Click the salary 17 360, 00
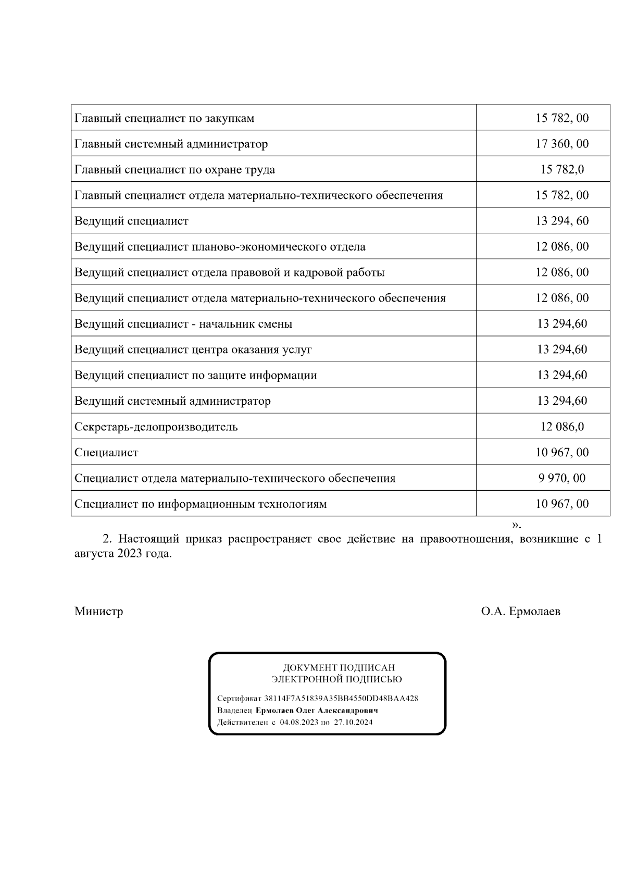coord(562,144)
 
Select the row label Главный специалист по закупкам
coord(165,118)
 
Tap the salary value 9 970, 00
coord(562,478)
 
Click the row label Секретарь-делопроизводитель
coord(156,427)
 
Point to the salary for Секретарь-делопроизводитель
coord(562,427)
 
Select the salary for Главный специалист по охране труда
coord(562,169)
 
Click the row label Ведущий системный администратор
coord(172,401)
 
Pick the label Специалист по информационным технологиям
coord(201,504)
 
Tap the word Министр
coord(99,611)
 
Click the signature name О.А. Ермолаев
coord(521,611)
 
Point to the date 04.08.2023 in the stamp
coord(298,723)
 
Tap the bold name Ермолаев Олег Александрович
coord(317,711)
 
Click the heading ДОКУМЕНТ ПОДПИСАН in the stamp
coord(339,667)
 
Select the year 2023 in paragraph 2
coord(130,554)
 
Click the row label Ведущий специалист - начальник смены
coord(183,324)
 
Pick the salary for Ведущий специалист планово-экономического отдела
coord(562,246)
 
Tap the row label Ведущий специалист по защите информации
coord(195,376)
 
